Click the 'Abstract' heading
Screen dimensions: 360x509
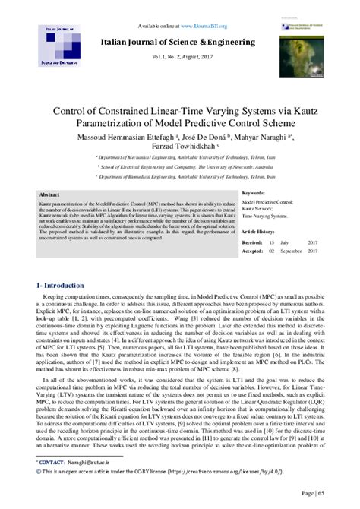point(49,194)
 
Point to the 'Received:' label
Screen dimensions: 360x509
point(251,241)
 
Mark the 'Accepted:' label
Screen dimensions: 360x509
point(252,249)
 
